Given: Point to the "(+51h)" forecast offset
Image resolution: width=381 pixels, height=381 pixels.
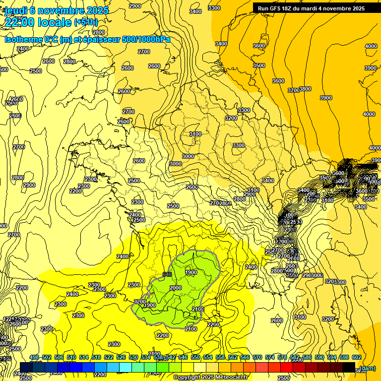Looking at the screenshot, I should pyautogui.click(x=86, y=22).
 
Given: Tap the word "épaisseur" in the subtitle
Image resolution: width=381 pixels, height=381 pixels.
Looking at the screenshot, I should pyautogui.click(x=100, y=39).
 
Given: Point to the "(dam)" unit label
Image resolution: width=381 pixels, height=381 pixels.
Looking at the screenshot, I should pyautogui.click(x=367, y=368).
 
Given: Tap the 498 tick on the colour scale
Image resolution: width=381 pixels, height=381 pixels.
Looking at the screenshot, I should pyautogui.click(x=34, y=357).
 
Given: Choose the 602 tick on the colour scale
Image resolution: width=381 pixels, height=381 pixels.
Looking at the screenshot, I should pyautogui.click(x=357, y=357).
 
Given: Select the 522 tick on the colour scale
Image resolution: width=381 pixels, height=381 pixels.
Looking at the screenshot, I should pyautogui.click(x=109, y=357).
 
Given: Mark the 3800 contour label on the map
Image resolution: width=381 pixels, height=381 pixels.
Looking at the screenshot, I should pyautogui.click(x=305, y=89).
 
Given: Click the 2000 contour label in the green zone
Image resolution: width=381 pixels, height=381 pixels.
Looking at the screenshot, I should pyautogui.click(x=176, y=288).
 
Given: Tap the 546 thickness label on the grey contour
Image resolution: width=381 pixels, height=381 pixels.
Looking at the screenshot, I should pyautogui.click(x=167, y=274).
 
